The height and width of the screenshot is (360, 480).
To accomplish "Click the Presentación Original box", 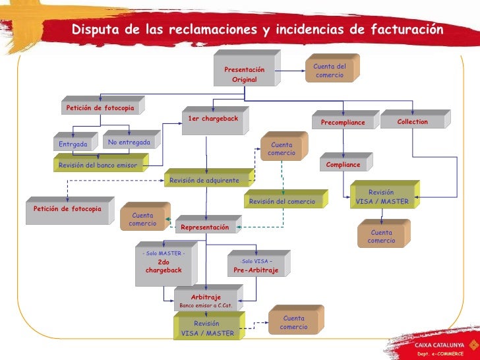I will [x=244, y=74].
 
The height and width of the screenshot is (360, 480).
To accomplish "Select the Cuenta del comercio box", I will [x=330, y=71].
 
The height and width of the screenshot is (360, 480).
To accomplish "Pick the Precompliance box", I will [x=343, y=122].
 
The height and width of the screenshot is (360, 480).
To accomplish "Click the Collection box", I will [x=413, y=122].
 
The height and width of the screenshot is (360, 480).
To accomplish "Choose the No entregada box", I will [x=129, y=142].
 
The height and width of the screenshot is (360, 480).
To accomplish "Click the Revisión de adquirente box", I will [x=204, y=180].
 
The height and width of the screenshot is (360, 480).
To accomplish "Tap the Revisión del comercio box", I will [x=282, y=201].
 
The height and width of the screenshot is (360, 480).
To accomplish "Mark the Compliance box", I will [x=344, y=164].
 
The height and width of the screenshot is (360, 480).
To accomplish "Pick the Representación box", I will [x=205, y=227].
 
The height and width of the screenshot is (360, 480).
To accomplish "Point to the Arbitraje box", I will [x=206, y=301].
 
